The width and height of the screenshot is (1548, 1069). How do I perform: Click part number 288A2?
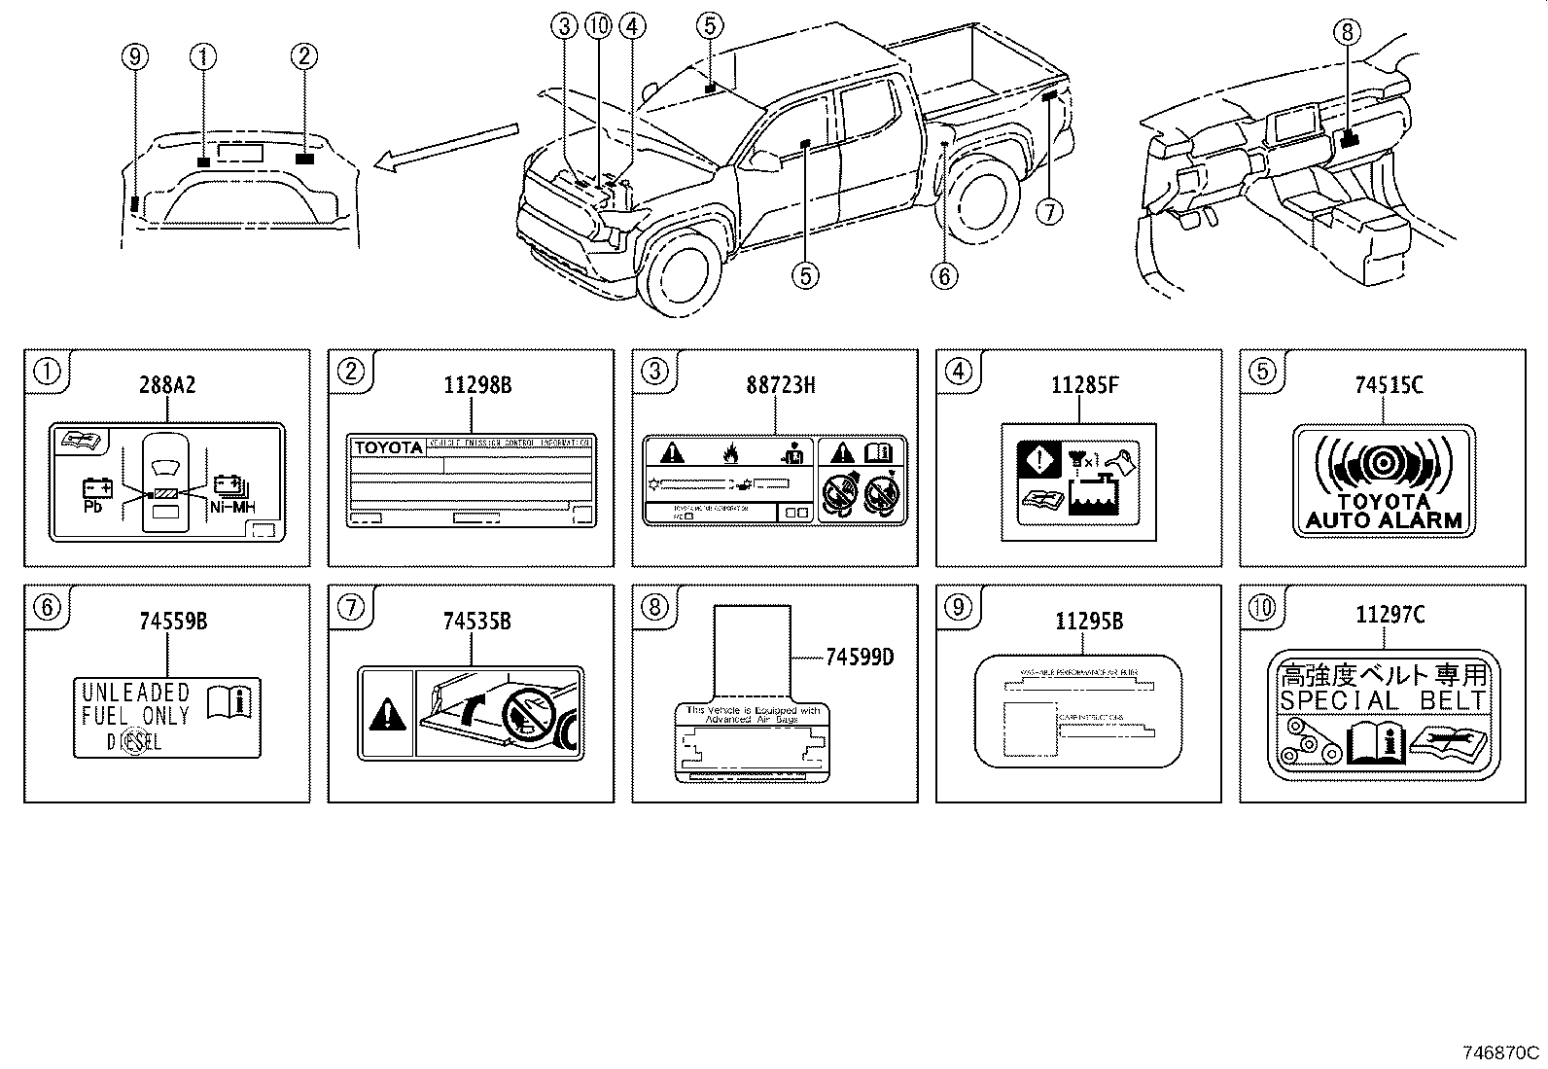(x=166, y=385)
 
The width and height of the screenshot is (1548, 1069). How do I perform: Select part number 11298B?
(x=477, y=385)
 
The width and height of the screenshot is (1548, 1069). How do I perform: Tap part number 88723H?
(x=781, y=385)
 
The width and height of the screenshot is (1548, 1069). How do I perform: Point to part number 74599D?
(x=859, y=658)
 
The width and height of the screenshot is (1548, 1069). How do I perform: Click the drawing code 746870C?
(x=1501, y=1052)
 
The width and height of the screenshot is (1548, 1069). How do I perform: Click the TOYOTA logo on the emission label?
(x=388, y=447)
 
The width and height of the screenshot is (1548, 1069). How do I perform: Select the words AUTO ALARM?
(x=1384, y=519)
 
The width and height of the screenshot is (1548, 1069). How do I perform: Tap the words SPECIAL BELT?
(x=1384, y=700)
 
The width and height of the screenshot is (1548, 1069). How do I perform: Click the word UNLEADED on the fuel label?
(x=135, y=693)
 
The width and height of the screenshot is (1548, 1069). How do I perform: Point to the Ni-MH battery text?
(x=231, y=506)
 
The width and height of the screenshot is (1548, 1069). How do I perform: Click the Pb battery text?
(x=93, y=506)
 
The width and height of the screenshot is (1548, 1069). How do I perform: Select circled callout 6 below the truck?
(x=943, y=276)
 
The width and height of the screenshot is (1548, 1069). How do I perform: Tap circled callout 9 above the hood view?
(x=135, y=57)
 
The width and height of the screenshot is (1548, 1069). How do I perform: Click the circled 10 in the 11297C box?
(x=1261, y=608)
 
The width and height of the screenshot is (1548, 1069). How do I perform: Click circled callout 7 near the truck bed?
(x=1049, y=210)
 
